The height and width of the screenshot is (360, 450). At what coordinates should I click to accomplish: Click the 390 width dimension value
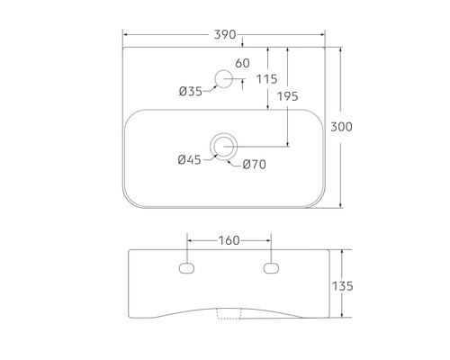(x=224, y=34)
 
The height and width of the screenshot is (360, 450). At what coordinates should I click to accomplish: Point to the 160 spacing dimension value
(x=229, y=240)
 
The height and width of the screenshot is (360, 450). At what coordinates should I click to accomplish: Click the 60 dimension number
(x=241, y=63)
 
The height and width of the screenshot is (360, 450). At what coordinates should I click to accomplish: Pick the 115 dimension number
(x=265, y=79)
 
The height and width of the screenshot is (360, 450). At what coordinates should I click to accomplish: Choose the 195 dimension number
(x=288, y=96)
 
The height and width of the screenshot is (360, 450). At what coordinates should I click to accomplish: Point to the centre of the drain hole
(x=222, y=145)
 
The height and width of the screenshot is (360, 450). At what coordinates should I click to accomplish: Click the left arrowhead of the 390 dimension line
(x=125, y=34)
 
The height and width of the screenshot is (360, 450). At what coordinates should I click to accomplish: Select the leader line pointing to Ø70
(x=238, y=158)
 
